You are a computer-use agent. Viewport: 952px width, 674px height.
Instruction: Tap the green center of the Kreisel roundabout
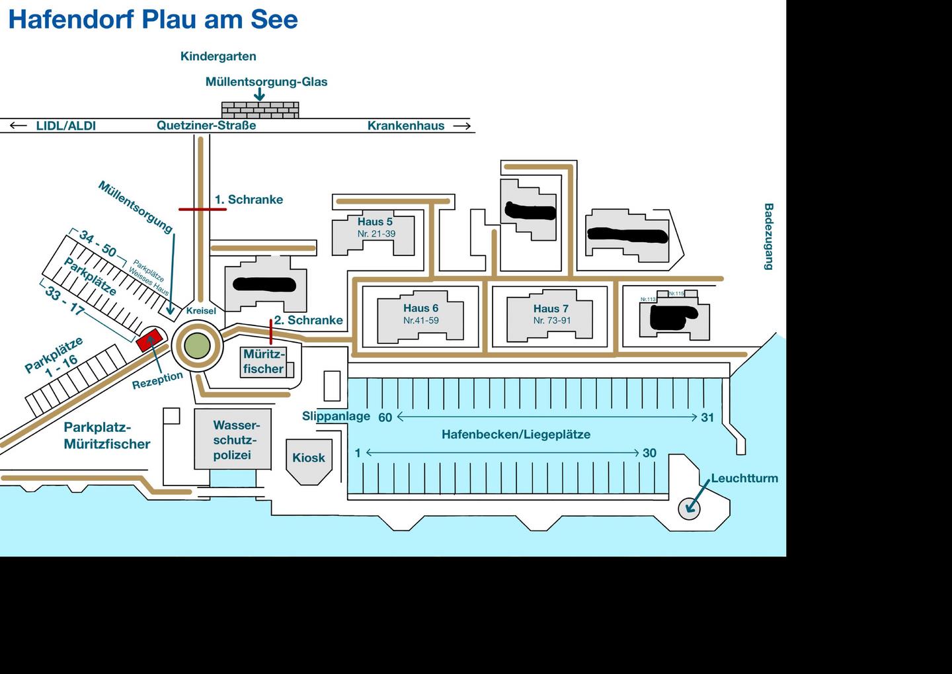point(197,345)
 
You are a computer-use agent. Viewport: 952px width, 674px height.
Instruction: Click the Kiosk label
point(309,458)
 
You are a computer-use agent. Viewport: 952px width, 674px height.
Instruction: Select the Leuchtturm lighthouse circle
point(689,508)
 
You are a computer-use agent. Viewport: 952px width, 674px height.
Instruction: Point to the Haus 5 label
point(375,222)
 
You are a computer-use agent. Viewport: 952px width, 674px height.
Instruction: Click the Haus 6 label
point(420,308)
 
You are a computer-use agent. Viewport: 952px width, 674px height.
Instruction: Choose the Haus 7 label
point(551,309)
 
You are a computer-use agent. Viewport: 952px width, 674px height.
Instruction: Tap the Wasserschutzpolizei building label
point(232,440)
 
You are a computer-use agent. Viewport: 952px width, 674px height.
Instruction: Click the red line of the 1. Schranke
point(202,210)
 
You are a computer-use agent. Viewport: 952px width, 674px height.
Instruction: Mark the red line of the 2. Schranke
point(271,331)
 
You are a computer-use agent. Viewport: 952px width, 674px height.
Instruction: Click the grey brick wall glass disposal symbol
point(260,110)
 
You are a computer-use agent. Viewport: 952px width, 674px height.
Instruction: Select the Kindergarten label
point(218,57)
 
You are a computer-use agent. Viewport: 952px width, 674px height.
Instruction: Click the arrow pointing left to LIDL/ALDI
point(19,126)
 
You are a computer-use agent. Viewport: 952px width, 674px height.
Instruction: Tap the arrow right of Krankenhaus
point(462,126)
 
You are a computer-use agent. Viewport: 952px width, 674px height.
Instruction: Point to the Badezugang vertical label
point(768,236)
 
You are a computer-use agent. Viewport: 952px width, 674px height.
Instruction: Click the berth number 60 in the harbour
point(385,417)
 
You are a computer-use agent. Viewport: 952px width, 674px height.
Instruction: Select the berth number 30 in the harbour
point(649,453)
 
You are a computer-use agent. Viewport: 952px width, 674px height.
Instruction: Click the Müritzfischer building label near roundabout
point(264,362)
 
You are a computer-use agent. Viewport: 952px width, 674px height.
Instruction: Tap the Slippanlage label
point(336,416)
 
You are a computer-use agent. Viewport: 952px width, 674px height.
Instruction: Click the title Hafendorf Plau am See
point(153,19)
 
